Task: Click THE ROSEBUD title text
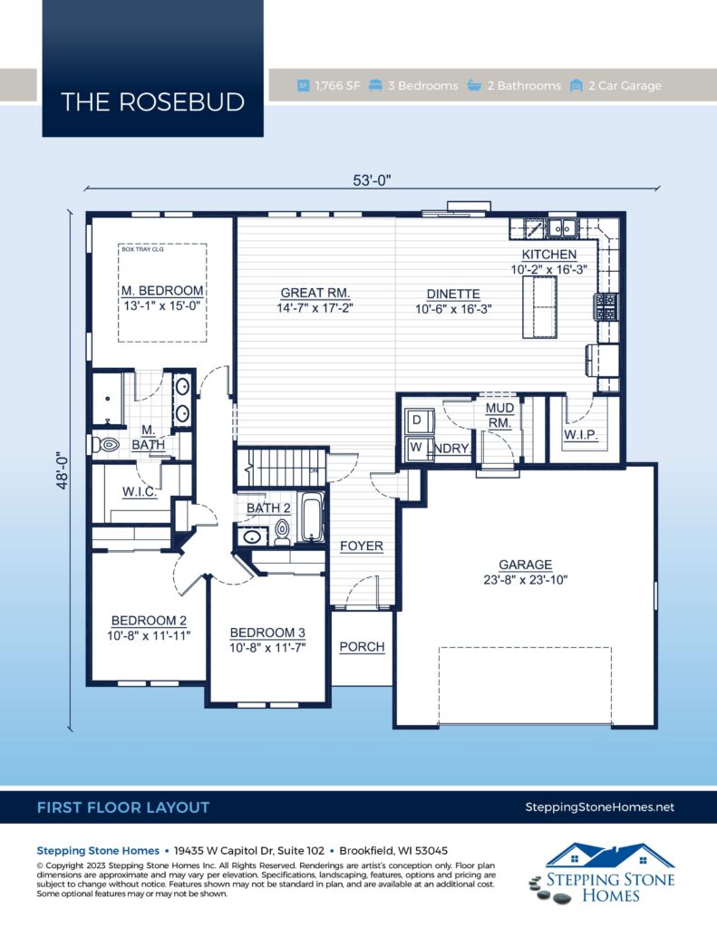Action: tap(152, 102)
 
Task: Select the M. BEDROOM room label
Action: tap(163, 291)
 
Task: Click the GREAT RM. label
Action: tap(315, 293)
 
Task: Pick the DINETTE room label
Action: tap(448, 294)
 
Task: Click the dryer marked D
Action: tap(417, 421)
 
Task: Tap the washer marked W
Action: tap(417, 448)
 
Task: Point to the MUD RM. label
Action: tap(499, 415)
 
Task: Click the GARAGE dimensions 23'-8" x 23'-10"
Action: tap(525, 580)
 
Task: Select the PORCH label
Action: tap(362, 647)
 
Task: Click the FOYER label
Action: tap(362, 546)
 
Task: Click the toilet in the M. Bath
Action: tap(106, 445)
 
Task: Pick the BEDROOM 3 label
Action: tap(267, 633)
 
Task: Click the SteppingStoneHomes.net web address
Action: tap(599, 807)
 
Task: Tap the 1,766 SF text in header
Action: tap(337, 86)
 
